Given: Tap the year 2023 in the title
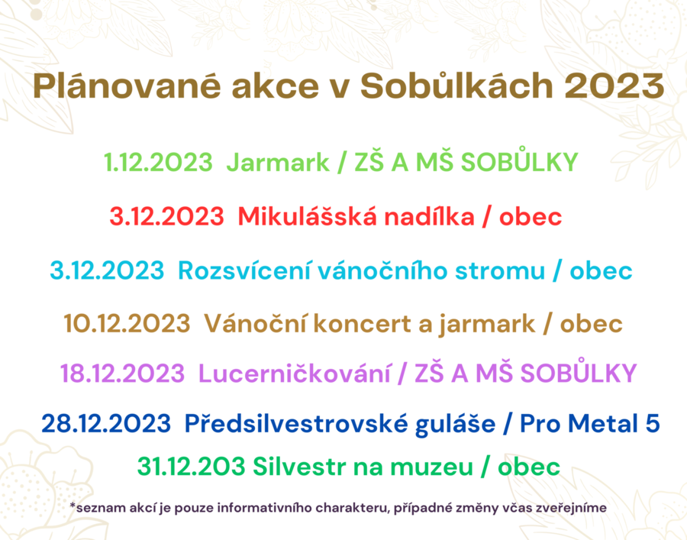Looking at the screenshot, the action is click(x=614, y=86).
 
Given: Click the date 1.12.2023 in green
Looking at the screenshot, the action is click(x=158, y=162).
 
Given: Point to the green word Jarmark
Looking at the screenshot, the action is click(x=278, y=163).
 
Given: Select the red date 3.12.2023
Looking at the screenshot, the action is click(x=166, y=216).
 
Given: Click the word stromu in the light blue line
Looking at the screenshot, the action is click(x=500, y=271).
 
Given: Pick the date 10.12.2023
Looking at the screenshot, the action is click(x=127, y=324).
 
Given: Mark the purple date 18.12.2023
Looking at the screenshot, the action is click(x=122, y=374).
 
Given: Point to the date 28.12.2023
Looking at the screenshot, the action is click(x=106, y=424).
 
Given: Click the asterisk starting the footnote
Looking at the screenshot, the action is click(x=73, y=506).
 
